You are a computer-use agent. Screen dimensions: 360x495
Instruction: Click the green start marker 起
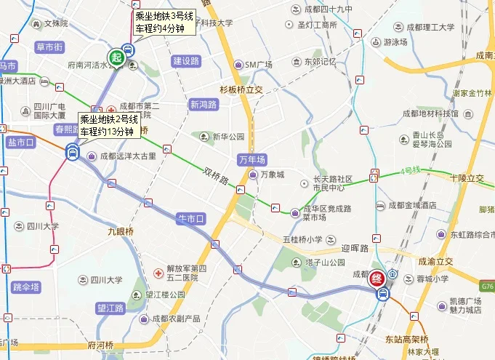click(x=116, y=57)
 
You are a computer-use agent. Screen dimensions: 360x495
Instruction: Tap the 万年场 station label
click(x=252, y=159)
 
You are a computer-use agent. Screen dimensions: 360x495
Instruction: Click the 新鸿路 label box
click(x=204, y=104)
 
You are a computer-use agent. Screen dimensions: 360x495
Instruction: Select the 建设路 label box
click(x=186, y=61)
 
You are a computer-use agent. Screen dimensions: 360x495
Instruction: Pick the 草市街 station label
click(x=49, y=47)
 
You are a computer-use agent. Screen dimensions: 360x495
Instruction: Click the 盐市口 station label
click(x=21, y=143)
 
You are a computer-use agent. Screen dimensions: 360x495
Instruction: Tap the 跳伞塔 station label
click(x=26, y=287)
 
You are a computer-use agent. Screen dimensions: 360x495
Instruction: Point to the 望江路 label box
click(x=110, y=308)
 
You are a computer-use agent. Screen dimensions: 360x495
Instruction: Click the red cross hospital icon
click(x=158, y=273)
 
